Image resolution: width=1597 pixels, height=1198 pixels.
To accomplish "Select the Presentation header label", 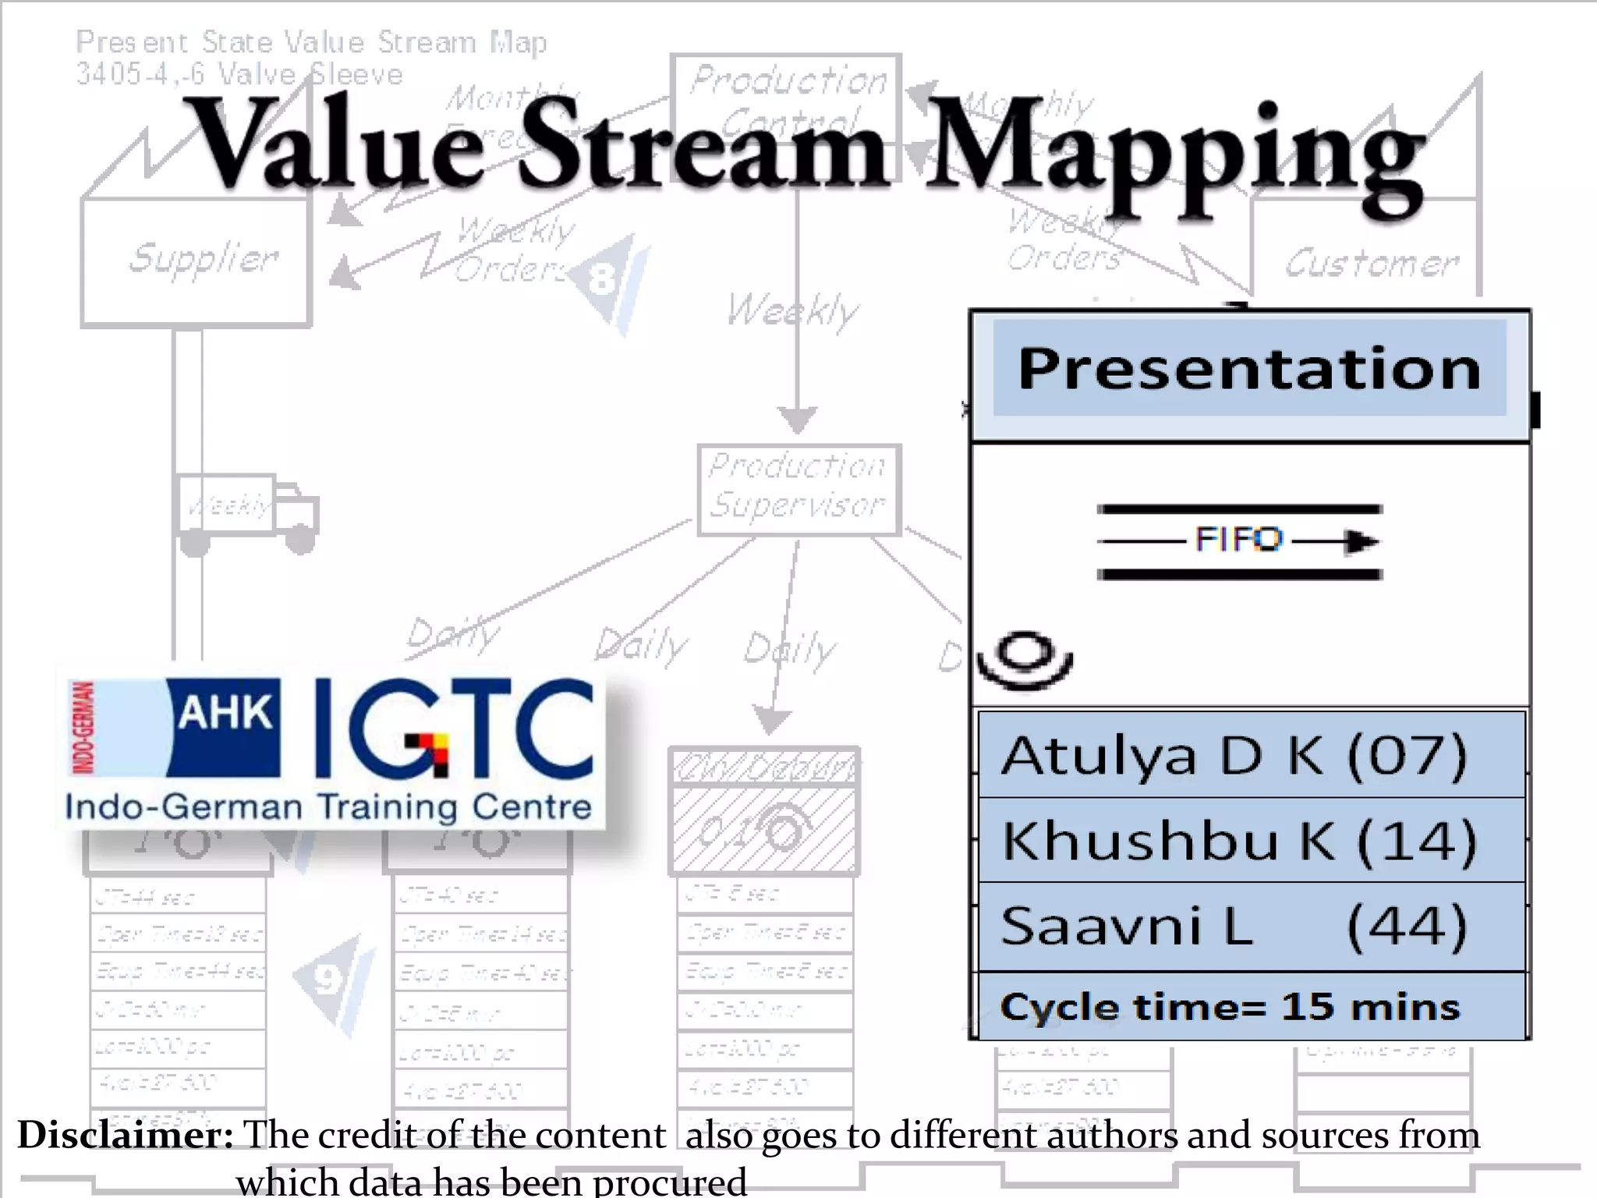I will pyautogui.click(x=1249, y=368).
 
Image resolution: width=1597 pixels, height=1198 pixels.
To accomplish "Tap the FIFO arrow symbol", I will pyautogui.click(x=1238, y=541).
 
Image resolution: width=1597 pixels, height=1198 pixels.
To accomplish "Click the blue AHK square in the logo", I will pyautogui.click(x=225, y=727).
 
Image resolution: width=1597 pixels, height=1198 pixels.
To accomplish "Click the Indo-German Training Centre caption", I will pyautogui.click(x=328, y=806).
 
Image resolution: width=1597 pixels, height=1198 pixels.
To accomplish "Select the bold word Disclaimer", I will pyautogui.click(x=126, y=1135).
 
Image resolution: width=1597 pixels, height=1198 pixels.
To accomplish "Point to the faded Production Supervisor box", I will pyautogui.click(x=798, y=489).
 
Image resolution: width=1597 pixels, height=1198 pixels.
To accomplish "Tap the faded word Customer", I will pyautogui.click(x=1371, y=264).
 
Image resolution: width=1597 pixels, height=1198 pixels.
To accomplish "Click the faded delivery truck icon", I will pyautogui.click(x=248, y=511).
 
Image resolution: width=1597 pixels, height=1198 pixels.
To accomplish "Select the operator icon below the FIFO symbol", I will pyautogui.click(x=1025, y=660).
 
